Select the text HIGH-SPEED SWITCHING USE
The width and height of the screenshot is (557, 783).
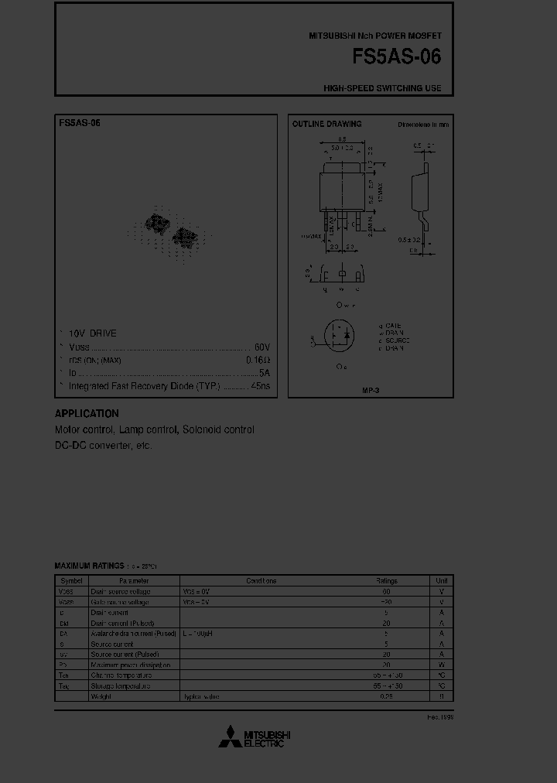coord(382,88)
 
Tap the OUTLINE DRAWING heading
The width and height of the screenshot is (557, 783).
coord(326,124)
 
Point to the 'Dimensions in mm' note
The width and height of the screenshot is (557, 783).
coord(423,124)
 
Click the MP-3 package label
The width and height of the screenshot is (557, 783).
coord(371,390)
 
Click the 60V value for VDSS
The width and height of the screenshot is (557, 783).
coord(262,347)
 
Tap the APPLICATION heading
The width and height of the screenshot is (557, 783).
coord(87,414)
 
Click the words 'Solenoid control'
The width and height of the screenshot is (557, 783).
coord(218,429)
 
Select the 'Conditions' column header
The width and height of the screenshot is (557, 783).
coord(261,580)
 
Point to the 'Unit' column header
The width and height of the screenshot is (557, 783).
coord(441,580)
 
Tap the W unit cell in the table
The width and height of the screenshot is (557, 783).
coord(441,665)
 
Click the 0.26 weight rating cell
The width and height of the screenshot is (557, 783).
coord(386,696)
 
